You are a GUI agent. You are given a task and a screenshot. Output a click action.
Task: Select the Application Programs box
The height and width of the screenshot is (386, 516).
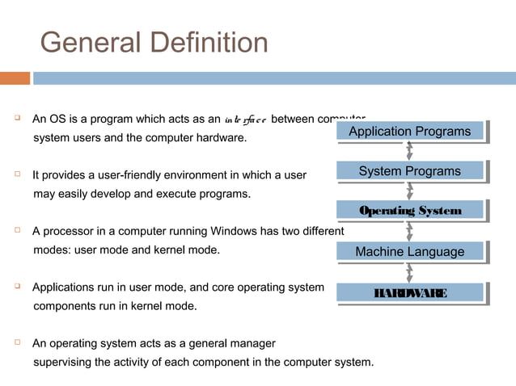[x=409, y=132]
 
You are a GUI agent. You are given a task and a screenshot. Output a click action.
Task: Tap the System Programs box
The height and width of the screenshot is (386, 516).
[x=409, y=171]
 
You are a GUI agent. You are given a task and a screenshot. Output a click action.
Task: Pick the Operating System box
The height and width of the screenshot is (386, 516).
[x=409, y=211]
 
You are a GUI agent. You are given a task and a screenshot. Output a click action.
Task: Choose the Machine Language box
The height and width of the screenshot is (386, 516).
[x=409, y=252]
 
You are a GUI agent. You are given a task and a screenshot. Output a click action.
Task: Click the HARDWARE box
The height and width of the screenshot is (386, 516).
[x=409, y=292]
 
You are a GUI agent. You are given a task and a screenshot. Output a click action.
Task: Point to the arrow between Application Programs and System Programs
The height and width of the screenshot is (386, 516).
[x=410, y=151]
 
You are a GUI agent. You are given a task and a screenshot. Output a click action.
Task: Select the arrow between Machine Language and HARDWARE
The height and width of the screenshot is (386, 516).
[x=410, y=272]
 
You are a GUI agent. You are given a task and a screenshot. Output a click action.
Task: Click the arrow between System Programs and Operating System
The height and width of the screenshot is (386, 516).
[x=410, y=191]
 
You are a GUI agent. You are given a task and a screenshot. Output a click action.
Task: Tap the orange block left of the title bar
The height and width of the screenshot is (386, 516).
[x=15, y=78]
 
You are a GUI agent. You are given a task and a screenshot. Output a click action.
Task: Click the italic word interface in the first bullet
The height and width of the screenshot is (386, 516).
[x=246, y=120]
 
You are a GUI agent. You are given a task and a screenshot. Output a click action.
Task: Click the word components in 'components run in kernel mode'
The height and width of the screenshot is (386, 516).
[x=61, y=306]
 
